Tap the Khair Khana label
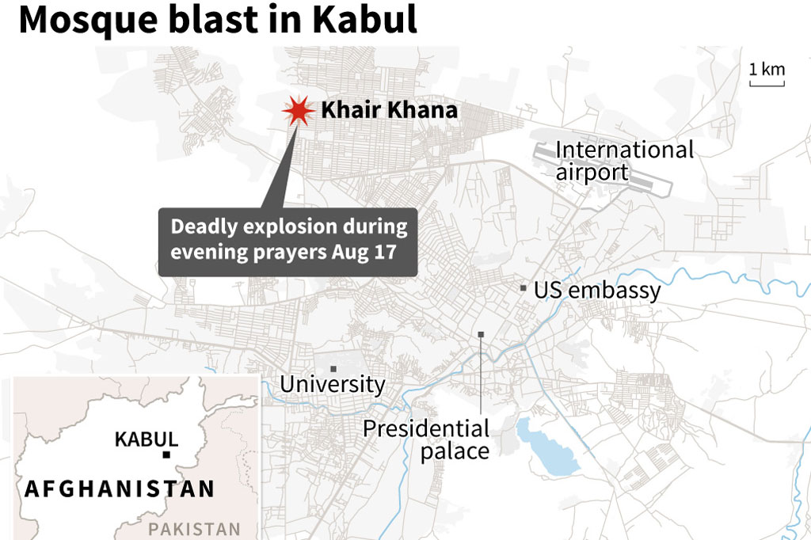coord(389,110)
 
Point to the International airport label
coord(624,161)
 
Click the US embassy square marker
coord(524,288)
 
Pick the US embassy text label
coord(596,290)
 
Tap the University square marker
coord(333,368)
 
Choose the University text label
coord(333,385)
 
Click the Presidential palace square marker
coord(482,335)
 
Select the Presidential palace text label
coord(426,439)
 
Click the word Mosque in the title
coord(89,21)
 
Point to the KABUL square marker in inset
coord(166,454)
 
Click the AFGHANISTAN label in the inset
coord(120,489)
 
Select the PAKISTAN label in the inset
coord(195,529)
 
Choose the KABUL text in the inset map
coord(146,439)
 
